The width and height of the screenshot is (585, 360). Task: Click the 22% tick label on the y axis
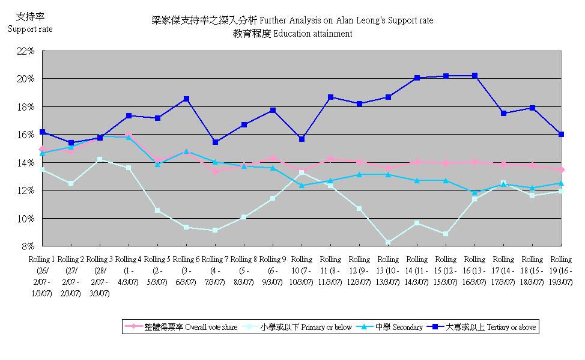coord(26,51)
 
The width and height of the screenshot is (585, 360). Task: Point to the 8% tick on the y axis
coord(28,246)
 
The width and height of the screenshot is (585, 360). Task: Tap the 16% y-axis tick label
coord(26,135)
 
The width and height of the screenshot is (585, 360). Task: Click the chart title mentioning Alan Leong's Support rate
coord(292,20)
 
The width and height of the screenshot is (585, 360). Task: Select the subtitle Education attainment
coord(292,34)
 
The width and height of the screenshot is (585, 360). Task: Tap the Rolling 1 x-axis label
coord(41,276)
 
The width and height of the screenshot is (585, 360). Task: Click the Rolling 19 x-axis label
coord(560,272)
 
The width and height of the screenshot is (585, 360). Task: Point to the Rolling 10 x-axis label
coord(302,272)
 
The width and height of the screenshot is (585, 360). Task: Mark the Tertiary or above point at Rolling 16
coord(474,76)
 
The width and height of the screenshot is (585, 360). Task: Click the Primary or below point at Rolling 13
coord(389,242)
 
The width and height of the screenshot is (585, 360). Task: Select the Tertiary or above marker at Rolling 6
coord(187,99)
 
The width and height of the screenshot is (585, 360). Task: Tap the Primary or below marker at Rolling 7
coord(215,230)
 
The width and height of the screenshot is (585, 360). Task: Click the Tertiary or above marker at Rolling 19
coord(561,134)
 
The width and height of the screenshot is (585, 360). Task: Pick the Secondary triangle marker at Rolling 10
coord(302,185)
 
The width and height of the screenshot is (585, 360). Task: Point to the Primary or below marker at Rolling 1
coord(42,169)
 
